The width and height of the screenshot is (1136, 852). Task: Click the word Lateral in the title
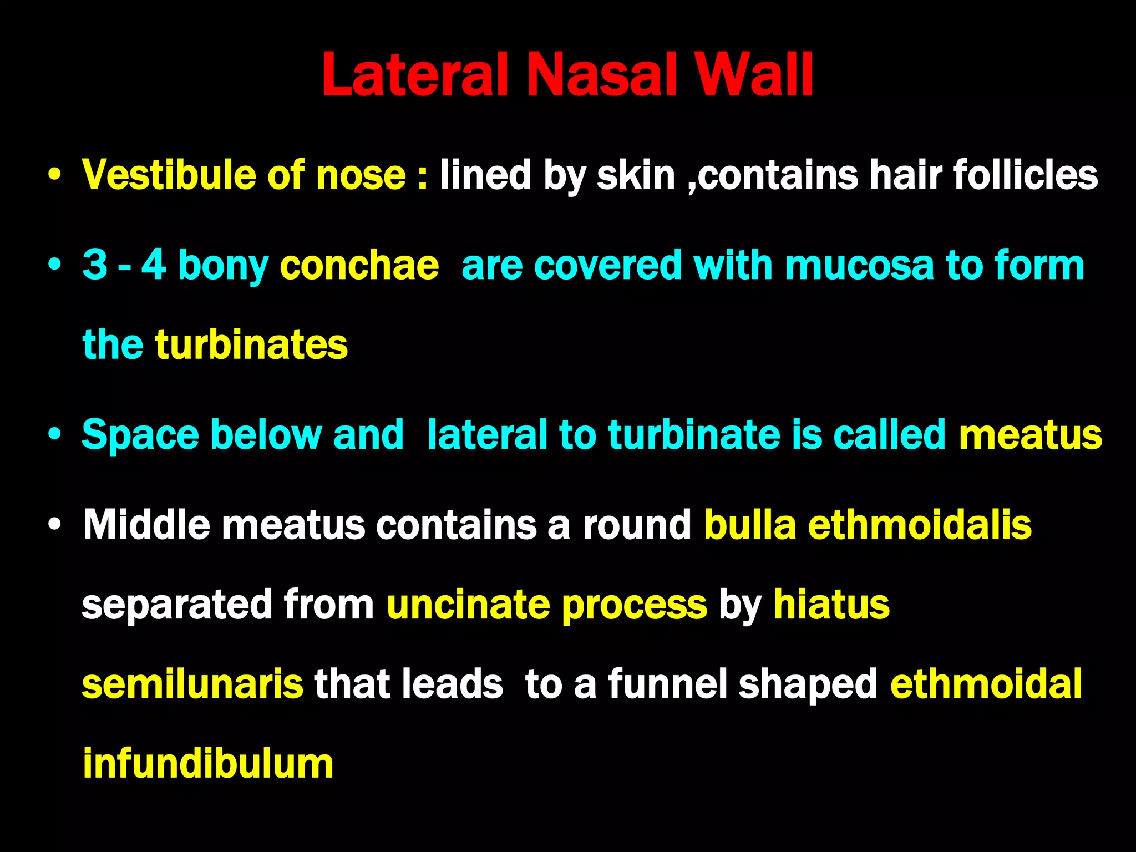(x=415, y=75)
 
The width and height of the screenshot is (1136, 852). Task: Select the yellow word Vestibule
(x=169, y=175)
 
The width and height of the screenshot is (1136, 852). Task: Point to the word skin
(x=636, y=175)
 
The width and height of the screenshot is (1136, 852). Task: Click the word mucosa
(x=859, y=265)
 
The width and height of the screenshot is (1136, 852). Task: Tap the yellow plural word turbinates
(x=251, y=344)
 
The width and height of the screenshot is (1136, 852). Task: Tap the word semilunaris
(x=192, y=684)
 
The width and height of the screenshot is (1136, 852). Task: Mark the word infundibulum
(x=208, y=764)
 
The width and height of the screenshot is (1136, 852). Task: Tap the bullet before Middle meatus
(x=54, y=525)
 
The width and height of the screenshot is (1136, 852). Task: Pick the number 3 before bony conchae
(x=95, y=265)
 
